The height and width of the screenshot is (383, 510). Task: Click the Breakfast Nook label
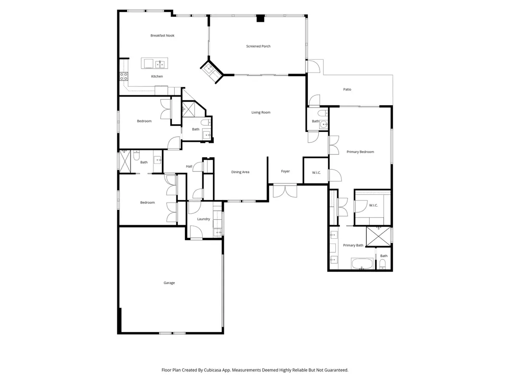[162, 36]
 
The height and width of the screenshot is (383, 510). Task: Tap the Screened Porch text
[258, 46]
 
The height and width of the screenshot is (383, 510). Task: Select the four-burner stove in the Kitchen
[124, 77]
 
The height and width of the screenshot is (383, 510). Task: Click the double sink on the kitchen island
[160, 64]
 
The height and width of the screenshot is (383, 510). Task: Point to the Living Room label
[261, 113]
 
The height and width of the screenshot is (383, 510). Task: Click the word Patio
[347, 89]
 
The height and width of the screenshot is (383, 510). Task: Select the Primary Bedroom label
[360, 152]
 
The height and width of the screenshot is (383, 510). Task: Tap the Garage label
[169, 283]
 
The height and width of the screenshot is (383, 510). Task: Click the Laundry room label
[204, 219]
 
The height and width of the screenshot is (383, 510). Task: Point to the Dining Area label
[240, 172]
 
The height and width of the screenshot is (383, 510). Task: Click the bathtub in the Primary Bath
[362, 264]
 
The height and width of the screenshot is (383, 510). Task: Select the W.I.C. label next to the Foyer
[316, 172]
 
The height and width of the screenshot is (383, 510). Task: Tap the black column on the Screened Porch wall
[260, 18]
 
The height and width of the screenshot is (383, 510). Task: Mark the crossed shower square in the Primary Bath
[378, 237]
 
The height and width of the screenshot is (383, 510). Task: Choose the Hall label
[189, 166]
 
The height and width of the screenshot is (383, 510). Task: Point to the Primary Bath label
[353, 246]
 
